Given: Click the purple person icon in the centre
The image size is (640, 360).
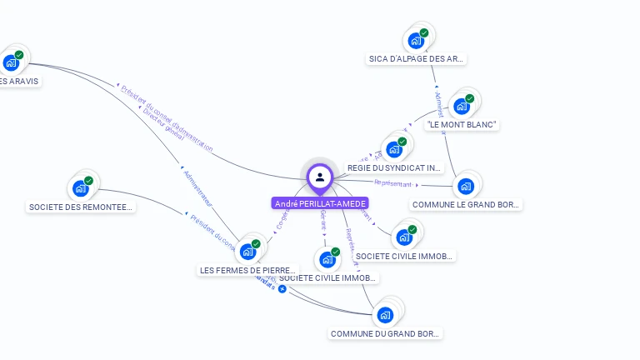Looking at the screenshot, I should [320, 177].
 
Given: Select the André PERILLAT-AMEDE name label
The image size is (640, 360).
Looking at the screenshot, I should [320, 203].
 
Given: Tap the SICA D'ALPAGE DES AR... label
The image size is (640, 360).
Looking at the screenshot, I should [416, 59].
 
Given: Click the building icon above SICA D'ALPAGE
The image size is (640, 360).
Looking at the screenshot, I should [415, 40].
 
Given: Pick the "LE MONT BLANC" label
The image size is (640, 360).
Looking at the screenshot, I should [462, 125].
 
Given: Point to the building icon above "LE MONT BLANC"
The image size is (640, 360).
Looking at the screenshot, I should [461, 107].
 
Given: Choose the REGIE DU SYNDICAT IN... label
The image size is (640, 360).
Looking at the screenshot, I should [394, 168].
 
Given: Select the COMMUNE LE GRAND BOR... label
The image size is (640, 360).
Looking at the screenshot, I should [466, 204].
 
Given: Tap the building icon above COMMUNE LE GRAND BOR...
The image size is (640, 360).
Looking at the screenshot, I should [466, 186].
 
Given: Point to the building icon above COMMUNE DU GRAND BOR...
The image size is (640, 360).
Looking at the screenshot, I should [385, 315].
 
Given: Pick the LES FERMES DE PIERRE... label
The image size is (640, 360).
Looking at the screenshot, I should [248, 271].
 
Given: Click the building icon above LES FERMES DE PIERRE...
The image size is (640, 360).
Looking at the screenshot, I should [247, 252].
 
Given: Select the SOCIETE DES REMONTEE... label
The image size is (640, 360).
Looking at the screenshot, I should [81, 207].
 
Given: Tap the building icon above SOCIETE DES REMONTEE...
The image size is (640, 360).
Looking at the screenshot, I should [81, 188].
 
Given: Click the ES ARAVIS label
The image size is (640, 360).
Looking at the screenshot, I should [19, 82].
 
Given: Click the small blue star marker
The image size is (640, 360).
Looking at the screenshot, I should [282, 289].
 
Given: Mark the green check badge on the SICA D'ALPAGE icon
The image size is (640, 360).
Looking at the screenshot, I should [424, 33].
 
